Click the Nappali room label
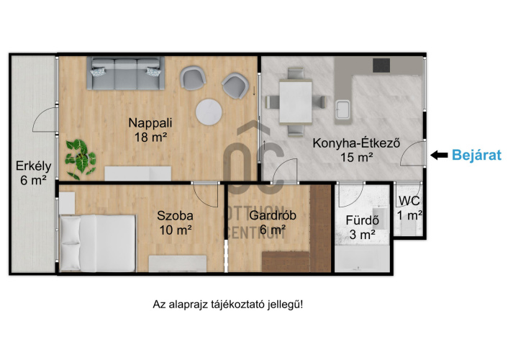pyautogui.click(x=150, y=123)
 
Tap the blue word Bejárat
pyautogui.click(x=476, y=155)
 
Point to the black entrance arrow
pyautogui.click(x=439, y=156)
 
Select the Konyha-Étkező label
pyautogui.click(x=356, y=143)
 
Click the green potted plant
pyautogui.click(x=80, y=159)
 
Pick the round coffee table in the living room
pyautogui.click(x=209, y=112)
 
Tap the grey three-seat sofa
pyautogui.click(x=126, y=73)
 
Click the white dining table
pyautogui.click(x=296, y=102)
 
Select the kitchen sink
pyautogui.click(x=343, y=109)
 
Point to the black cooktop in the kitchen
pyautogui.click(x=381, y=66)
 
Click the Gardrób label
pyautogui.click(x=273, y=215)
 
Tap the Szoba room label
pyautogui.click(x=175, y=216)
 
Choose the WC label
pyautogui.click(x=409, y=201)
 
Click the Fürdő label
pyautogui.click(x=362, y=220)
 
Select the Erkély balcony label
pyautogui.click(x=34, y=166)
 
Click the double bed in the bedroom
pyautogui.click(x=97, y=243)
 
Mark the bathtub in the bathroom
pyautogui.click(x=362, y=258)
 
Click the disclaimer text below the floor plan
pyautogui.click(x=228, y=305)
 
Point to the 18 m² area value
pyautogui.click(x=150, y=138)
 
